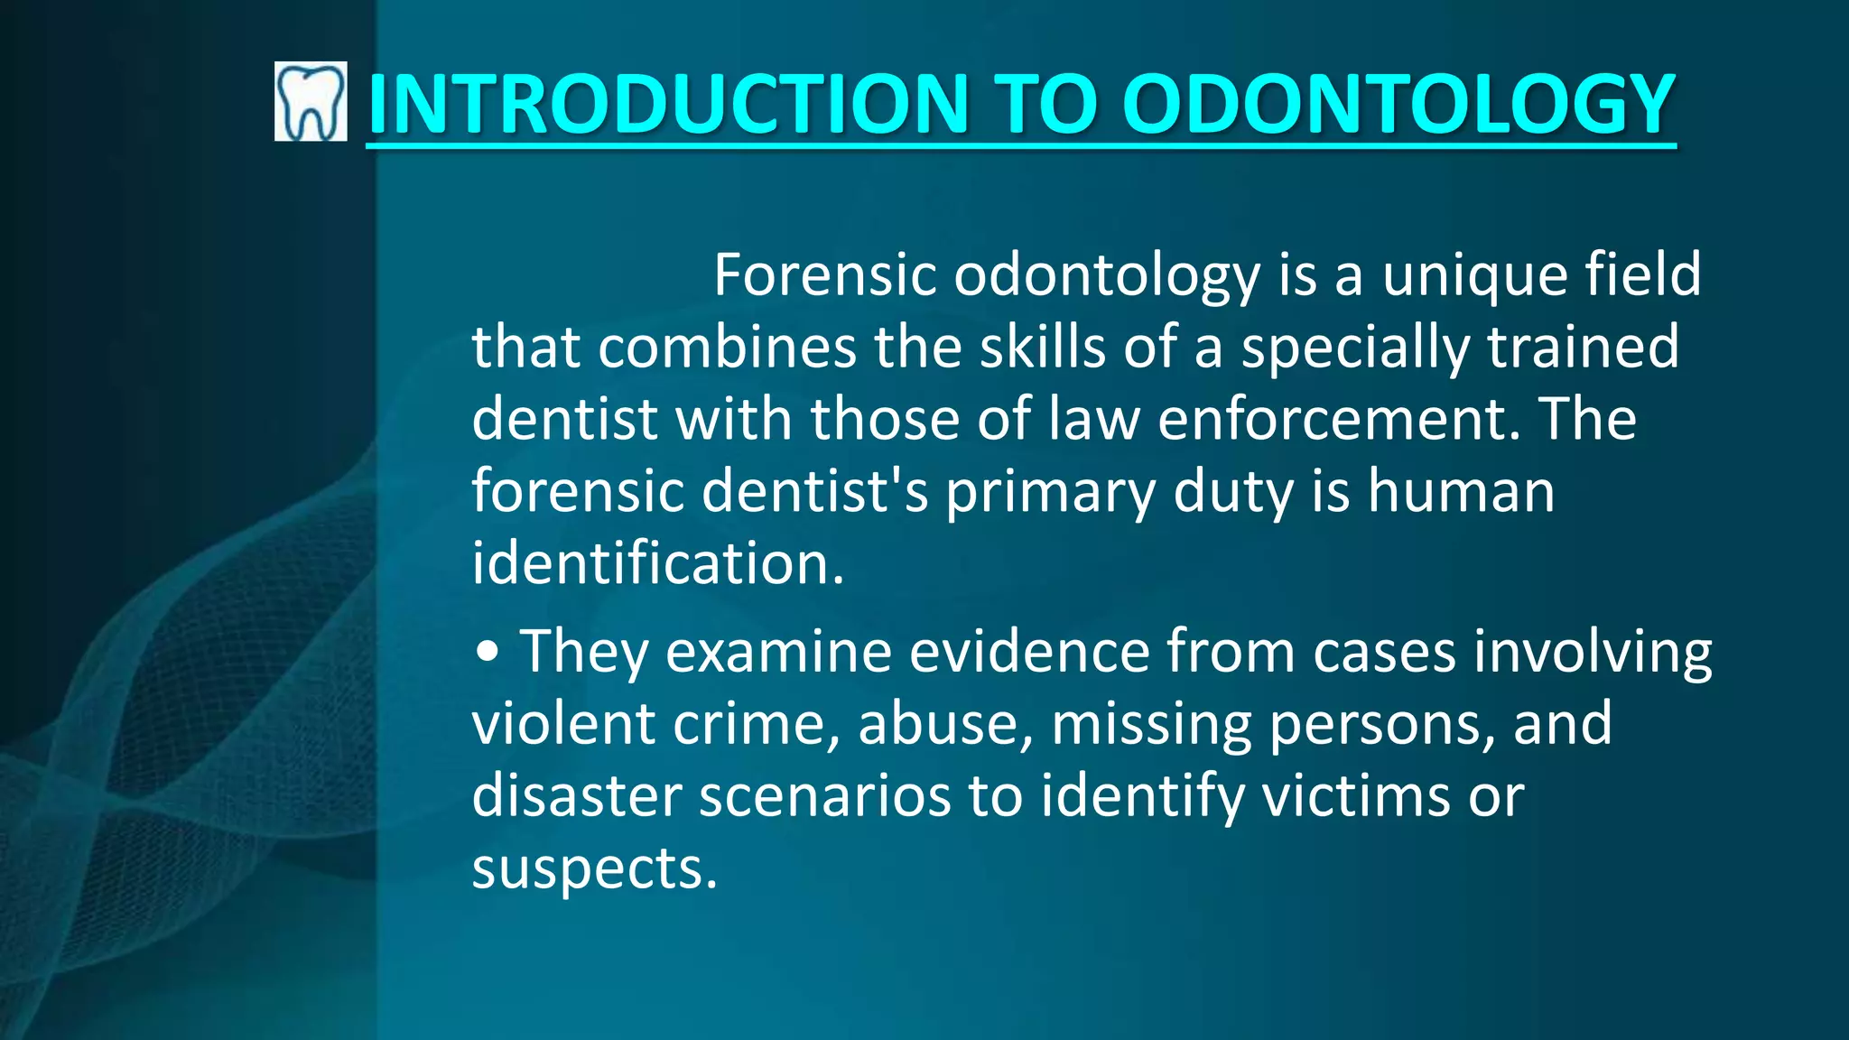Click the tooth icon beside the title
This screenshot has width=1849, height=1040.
coord(310,101)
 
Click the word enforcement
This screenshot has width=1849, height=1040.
coord(1333,419)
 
